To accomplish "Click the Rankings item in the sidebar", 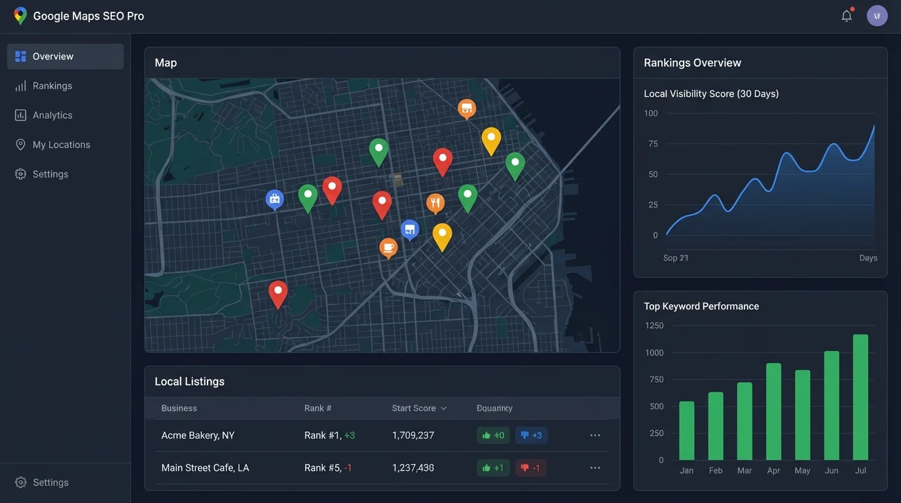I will point(52,86).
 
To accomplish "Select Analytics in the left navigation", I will point(52,115).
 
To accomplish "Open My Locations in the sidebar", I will point(61,145).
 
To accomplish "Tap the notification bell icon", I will point(847,16).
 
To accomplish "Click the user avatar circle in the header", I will point(877,16).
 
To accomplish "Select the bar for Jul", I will point(860,397).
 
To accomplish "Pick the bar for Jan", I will point(686,430).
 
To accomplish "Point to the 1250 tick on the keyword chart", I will point(654,326).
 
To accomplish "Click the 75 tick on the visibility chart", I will point(652,144).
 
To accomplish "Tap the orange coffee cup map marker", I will point(388,248).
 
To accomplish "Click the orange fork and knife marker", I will point(435,203).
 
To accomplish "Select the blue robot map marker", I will point(274,198).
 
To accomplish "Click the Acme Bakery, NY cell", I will point(198,436).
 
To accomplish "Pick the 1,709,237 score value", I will point(413,436).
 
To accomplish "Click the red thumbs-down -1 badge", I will point(530,468).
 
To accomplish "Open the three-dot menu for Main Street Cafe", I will point(595,468).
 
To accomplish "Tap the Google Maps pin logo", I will point(20,16).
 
